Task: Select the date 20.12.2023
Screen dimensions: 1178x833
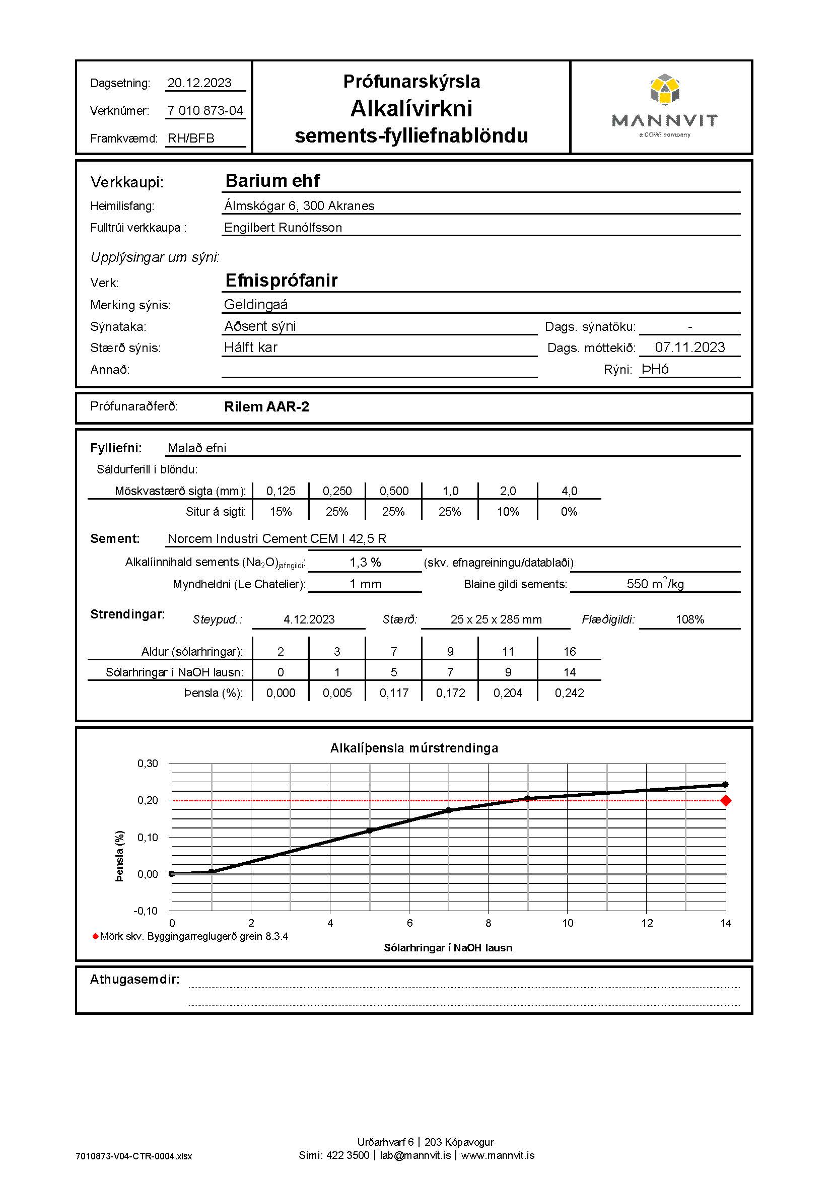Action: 199,83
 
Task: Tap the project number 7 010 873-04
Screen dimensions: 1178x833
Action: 205,111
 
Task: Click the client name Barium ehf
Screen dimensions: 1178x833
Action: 272,181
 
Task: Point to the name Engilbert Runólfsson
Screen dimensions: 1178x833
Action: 283,228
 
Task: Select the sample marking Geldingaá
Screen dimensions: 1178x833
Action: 256,305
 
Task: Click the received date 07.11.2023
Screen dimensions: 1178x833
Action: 689,348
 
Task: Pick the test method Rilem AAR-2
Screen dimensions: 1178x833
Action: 267,407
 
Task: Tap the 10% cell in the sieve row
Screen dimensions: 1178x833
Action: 508,512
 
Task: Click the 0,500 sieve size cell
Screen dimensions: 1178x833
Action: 394,491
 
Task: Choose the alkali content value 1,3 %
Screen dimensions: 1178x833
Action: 365,563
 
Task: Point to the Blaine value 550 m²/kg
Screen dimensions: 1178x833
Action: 655,584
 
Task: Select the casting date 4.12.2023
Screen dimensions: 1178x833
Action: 309,620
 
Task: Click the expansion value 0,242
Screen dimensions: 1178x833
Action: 570,693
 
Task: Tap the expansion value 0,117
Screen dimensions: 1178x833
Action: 394,693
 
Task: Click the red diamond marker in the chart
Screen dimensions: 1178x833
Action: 725,800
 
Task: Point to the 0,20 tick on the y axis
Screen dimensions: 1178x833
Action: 148,800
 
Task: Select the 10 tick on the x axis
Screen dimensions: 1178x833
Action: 567,923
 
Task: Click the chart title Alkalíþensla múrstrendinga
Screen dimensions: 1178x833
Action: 414,748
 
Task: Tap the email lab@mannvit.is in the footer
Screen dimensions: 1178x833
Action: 415,1155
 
